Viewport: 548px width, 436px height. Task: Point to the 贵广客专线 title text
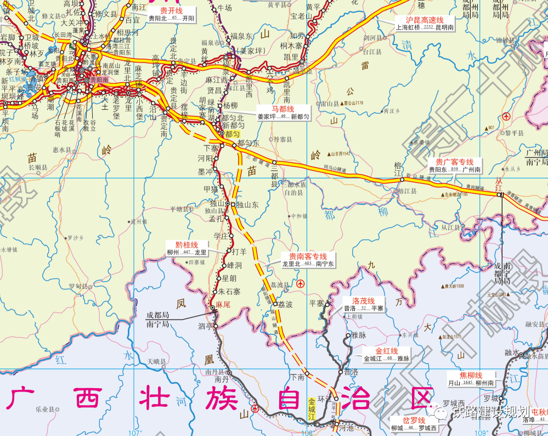click(x=454, y=163)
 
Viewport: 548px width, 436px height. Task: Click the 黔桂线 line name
click(x=187, y=245)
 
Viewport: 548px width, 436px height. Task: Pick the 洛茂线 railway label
click(x=363, y=301)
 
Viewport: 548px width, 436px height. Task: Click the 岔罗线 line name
click(x=414, y=421)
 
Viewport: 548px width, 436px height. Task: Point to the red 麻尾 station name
click(x=222, y=304)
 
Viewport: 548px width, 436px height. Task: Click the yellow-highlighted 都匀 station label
click(x=233, y=133)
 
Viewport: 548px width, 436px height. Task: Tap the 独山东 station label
click(x=248, y=204)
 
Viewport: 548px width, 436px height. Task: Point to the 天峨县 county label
click(x=157, y=362)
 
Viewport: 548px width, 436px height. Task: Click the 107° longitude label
click(x=135, y=432)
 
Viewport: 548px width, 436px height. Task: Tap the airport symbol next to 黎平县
click(x=506, y=116)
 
